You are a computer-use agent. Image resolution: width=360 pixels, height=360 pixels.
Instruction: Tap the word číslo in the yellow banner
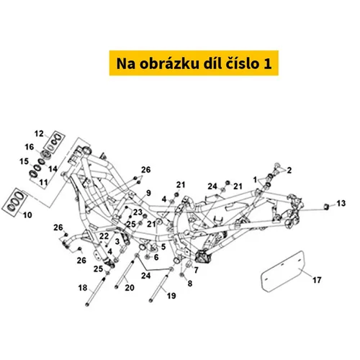(243, 63)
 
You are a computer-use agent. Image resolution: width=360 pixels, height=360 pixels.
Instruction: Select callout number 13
(341, 203)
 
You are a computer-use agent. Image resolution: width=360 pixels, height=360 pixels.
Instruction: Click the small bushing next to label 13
(326, 206)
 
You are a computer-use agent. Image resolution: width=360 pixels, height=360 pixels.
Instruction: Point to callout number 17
(317, 280)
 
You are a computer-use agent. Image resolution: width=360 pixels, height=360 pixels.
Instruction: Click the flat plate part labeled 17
(282, 271)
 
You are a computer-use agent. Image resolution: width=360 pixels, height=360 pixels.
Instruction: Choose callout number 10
(27, 215)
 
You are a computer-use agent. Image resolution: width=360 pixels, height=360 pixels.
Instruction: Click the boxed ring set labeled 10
(15, 202)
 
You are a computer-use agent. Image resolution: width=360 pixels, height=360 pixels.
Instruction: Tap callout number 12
(39, 133)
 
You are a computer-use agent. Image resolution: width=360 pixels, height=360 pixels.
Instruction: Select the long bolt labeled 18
(96, 290)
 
